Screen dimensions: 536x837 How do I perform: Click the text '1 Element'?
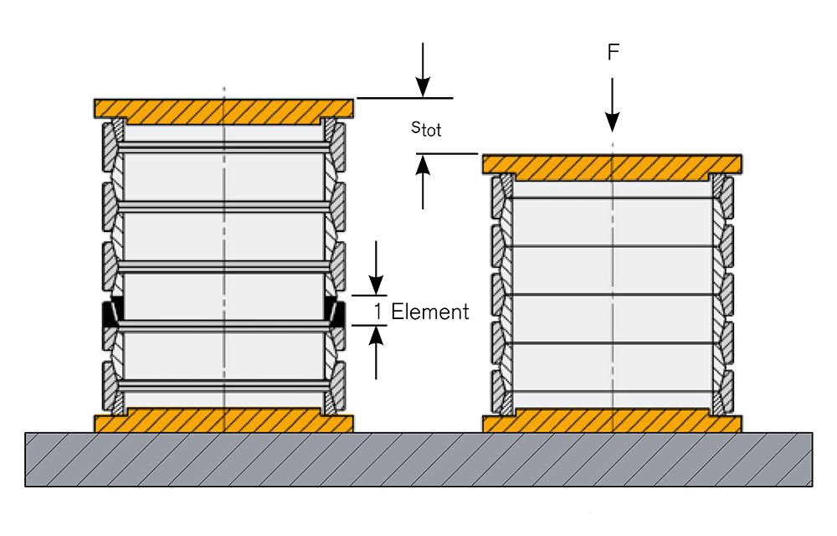tap(421, 312)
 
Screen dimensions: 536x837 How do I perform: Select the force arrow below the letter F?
tap(613, 105)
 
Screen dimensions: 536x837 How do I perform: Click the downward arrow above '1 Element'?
tap(376, 268)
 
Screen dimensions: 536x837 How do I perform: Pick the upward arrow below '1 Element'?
tap(376, 352)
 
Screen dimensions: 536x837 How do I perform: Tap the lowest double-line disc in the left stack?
tap(224, 384)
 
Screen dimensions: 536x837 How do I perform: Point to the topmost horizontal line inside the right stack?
tap(613, 198)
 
